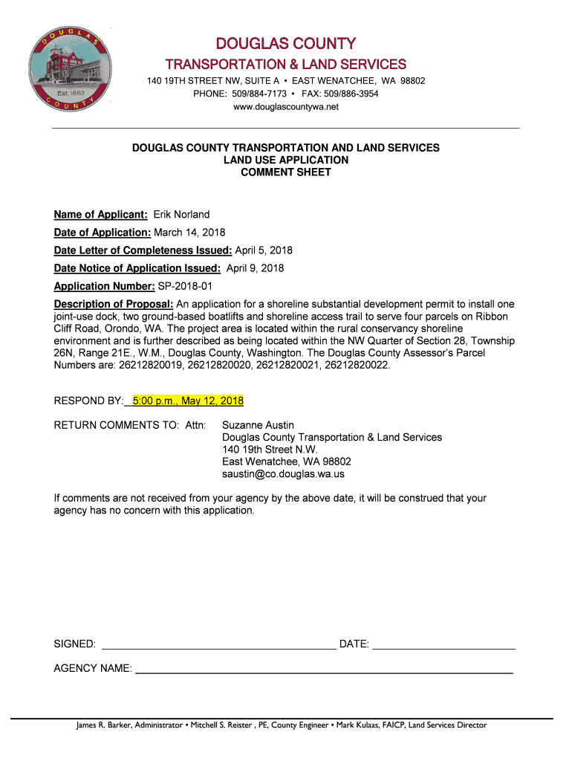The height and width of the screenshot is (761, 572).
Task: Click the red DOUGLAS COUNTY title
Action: [286, 45]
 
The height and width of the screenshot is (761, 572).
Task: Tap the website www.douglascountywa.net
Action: [286, 107]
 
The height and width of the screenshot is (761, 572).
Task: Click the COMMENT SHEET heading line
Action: [286, 172]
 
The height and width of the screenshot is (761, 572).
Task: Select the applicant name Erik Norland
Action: [181, 215]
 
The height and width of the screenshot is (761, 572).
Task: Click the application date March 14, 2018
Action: [189, 233]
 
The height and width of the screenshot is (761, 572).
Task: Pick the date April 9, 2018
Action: [255, 268]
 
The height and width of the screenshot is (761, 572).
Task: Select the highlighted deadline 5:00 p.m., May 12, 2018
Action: [187, 401]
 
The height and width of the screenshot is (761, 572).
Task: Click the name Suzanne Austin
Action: [258, 425]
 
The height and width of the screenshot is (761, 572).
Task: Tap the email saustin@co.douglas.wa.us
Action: [283, 473]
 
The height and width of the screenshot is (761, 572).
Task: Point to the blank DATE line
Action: [443, 644]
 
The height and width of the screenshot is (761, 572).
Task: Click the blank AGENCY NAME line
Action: [324, 669]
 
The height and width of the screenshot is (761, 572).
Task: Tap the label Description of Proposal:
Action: [114, 305]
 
